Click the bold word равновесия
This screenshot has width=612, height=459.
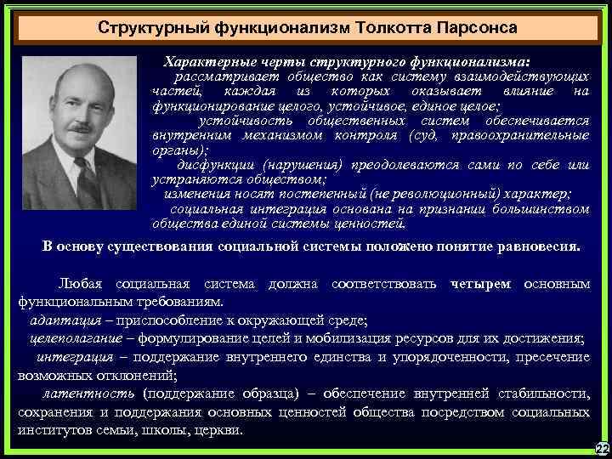tap(538, 246)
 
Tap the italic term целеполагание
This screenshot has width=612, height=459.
tap(69, 339)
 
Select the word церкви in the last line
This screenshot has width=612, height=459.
tap(218, 429)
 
